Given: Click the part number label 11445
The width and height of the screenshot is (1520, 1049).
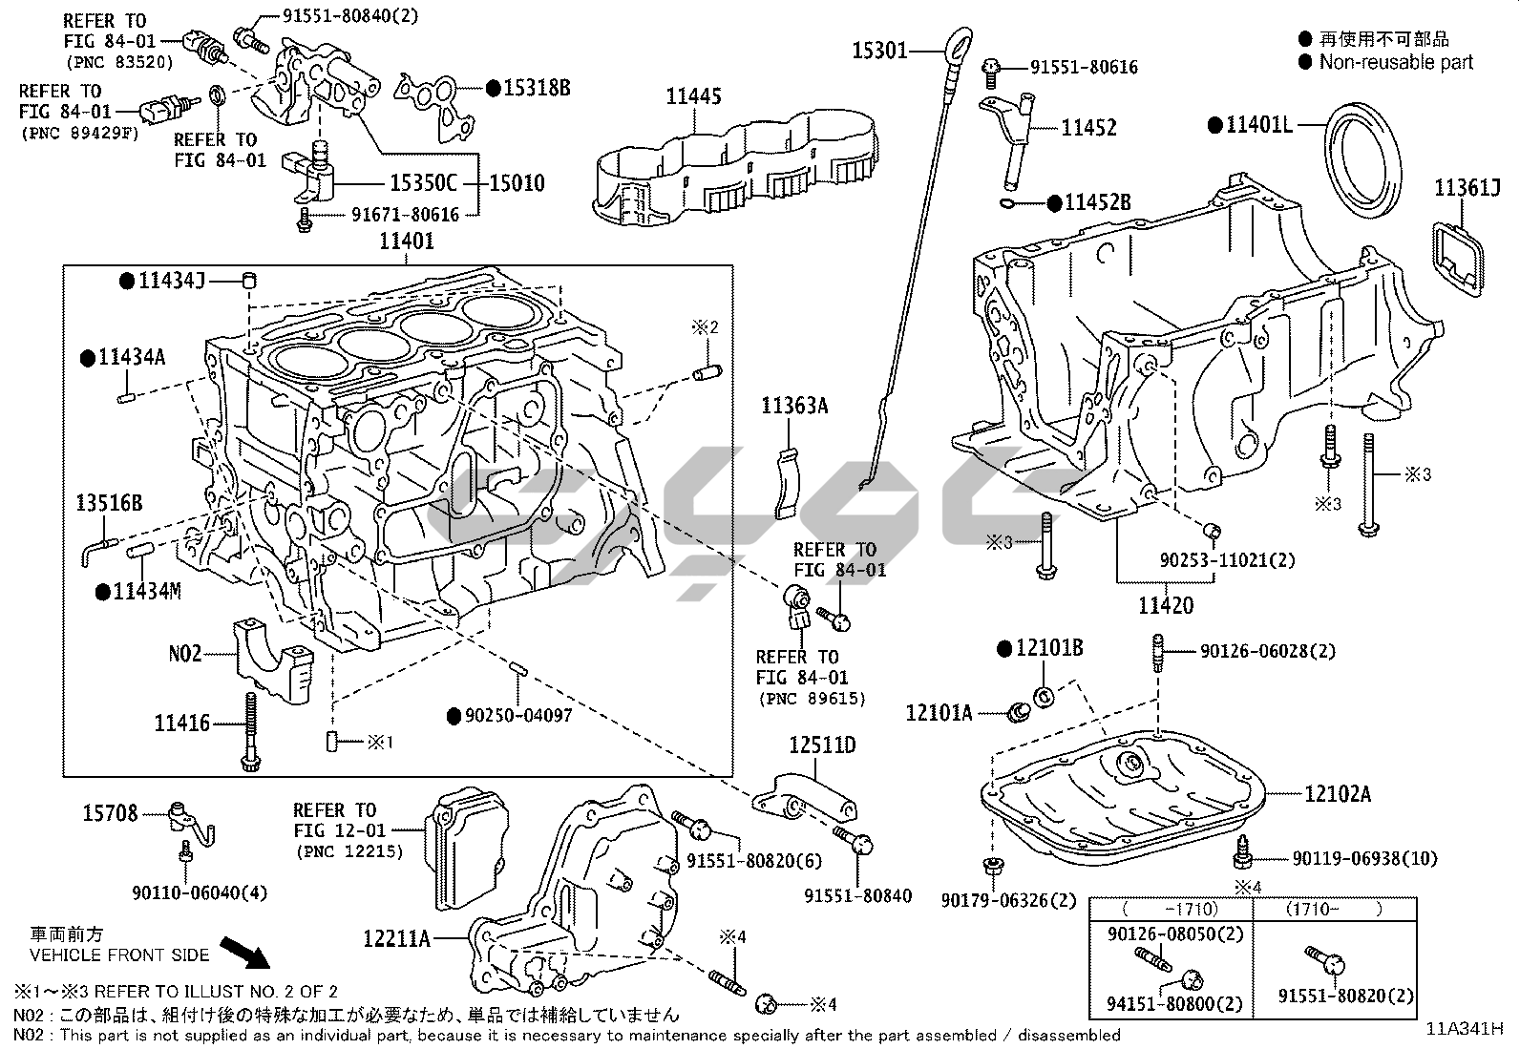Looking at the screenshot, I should [693, 96].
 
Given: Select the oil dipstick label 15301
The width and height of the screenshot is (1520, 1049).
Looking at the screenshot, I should [878, 50].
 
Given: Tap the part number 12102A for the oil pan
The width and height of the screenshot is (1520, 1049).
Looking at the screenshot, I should [1337, 794].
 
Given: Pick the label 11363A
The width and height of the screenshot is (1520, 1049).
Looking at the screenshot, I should [794, 407].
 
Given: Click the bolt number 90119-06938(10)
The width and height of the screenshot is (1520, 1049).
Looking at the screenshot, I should [1364, 859].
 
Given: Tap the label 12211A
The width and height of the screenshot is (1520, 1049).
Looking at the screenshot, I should [395, 939].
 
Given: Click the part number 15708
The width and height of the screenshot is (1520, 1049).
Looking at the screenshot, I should [110, 813].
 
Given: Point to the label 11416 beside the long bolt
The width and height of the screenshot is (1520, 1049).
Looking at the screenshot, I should [181, 724].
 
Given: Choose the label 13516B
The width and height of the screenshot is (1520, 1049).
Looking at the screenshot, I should [110, 503].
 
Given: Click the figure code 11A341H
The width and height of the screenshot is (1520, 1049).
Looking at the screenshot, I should [1465, 1029].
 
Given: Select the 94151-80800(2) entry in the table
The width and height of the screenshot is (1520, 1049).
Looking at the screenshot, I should [1161, 1004].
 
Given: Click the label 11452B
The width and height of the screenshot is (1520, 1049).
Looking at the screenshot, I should [1097, 202].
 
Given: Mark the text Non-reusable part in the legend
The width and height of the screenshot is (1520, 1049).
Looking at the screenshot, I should [1396, 63].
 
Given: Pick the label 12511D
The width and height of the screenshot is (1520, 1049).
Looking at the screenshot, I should [822, 745].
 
